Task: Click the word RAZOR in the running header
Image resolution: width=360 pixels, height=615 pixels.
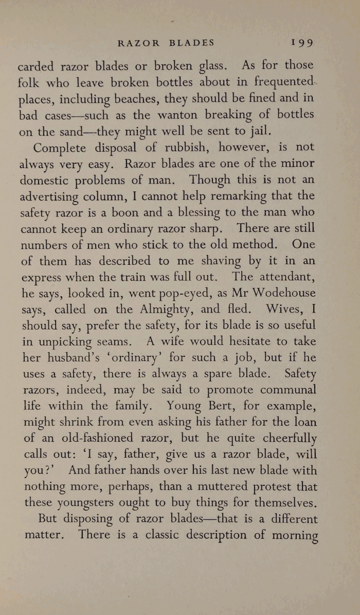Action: [x=138, y=43]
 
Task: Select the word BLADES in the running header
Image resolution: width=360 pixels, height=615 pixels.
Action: [x=192, y=43]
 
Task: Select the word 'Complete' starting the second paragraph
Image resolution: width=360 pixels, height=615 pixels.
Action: [x=59, y=148]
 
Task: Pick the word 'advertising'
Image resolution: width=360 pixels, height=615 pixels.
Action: [x=53, y=197]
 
